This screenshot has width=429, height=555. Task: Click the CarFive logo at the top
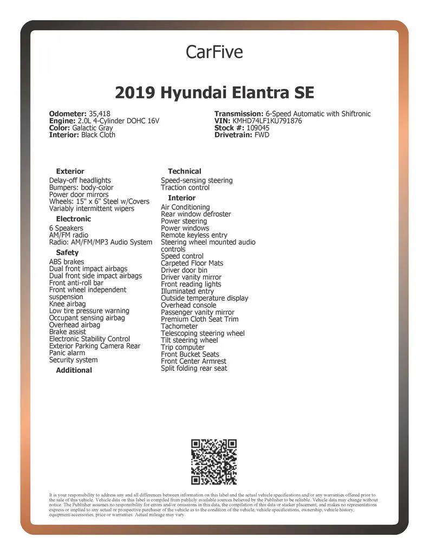coord(214,52)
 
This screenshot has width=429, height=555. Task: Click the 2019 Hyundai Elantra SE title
coord(214,93)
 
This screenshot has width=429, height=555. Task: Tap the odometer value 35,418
coord(100,114)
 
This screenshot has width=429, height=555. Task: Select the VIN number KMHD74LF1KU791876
coord(267,121)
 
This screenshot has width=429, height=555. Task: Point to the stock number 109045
coord(258,128)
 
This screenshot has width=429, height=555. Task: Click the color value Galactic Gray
coord(93,128)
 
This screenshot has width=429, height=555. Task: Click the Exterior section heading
coord(70,171)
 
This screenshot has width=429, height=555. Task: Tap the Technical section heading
coord(184,171)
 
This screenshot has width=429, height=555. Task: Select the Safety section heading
coord(67,253)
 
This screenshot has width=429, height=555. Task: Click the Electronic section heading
coord(74,219)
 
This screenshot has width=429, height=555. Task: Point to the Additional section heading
coord(74,370)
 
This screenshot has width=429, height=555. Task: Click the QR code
coord(214,462)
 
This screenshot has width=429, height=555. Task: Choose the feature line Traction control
coord(185,188)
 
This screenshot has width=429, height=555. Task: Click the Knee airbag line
coord(67,304)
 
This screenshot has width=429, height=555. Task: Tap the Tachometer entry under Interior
coord(179,326)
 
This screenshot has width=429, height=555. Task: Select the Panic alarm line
coord(67,353)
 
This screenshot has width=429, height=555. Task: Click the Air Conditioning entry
coord(185,207)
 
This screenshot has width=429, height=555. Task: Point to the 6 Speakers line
coord(66,228)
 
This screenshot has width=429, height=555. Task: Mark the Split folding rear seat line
coord(194,369)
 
